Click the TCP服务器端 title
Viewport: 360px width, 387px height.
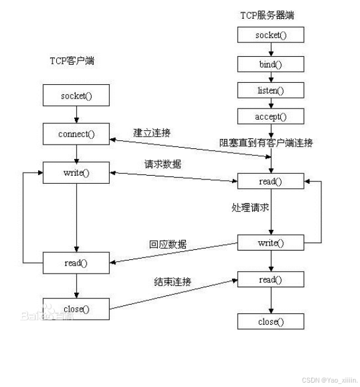pos(267,16)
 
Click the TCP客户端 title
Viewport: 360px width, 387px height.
pos(72,60)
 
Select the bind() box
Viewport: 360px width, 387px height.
pos(271,64)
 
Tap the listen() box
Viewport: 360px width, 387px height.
pos(271,90)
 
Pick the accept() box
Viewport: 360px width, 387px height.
pos(271,117)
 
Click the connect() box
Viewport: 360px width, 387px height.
pos(76,134)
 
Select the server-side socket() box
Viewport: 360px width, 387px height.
pos(271,35)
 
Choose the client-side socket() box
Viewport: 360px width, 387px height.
pos(76,95)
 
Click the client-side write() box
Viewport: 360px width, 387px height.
pos(76,173)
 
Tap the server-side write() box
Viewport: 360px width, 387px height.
pos(271,242)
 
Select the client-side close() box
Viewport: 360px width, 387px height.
pos(76,308)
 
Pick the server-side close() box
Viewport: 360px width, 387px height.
pos(271,322)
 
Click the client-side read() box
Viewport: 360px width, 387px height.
pos(76,263)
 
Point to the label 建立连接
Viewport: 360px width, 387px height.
pos(152,133)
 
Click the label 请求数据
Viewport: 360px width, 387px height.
pos(163,164)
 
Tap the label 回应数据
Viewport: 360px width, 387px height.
pos(168,244)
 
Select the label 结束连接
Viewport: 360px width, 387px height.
pos(172,282)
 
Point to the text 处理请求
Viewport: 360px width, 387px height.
pos(250,208)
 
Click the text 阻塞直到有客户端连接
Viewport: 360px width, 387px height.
pos(266,143)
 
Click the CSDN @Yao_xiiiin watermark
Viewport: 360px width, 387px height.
pos(330,380)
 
